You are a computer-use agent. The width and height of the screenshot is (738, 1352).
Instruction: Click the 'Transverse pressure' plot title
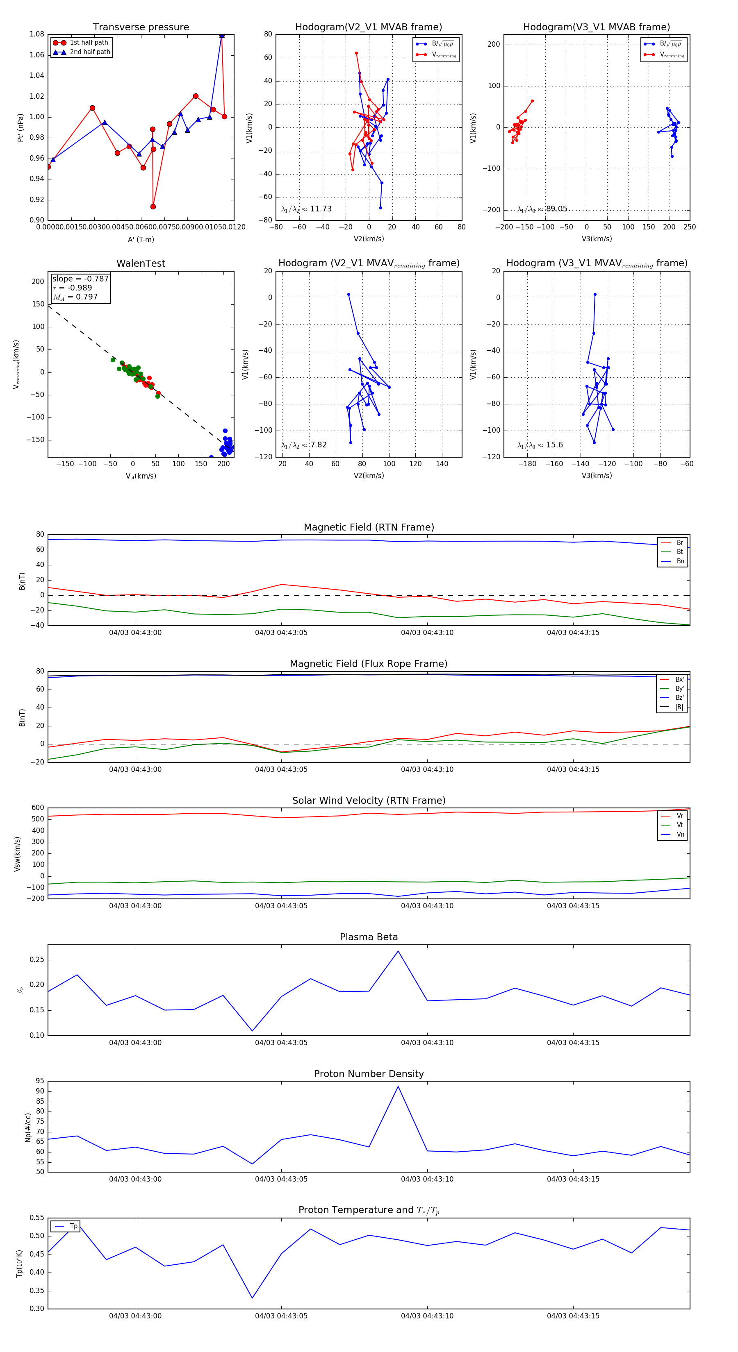pyautogui.click(x=141, y=27)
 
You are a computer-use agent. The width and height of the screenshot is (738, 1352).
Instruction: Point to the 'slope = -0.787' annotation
pyautogui.click(x=80, y=279)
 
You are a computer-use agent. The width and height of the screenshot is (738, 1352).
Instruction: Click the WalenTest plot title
pyautogui.click(x=141, y=263)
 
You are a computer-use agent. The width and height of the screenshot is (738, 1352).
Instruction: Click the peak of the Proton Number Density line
pyautogui.click(x=398, y=1087)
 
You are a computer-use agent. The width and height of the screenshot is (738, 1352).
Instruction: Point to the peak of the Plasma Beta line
pyautogui.click(x=398, y=951)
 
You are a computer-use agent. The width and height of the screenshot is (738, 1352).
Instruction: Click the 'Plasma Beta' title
pyautogui.click(x=369, y=937)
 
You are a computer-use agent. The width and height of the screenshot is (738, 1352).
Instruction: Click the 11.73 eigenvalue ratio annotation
pyautogui.click(x=320, y=209)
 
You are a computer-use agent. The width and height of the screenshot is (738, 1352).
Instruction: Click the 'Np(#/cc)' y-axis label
pyautogui.click(x=28, y=1127)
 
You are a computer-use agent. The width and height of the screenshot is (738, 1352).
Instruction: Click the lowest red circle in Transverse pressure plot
pyautogui.click(x=153, y=207)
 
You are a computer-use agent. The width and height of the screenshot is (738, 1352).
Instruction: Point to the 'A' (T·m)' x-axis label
pyautogui.click(x=141, y=239)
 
